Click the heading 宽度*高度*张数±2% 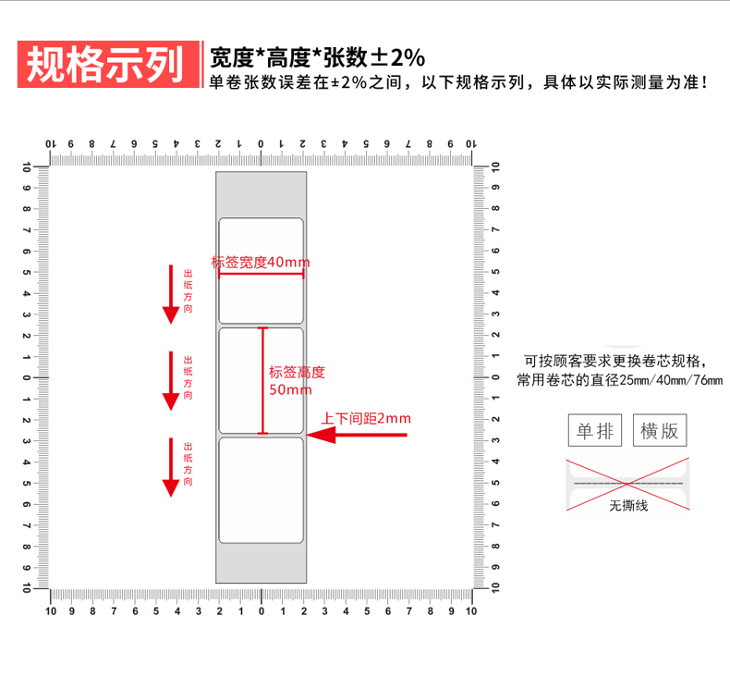(x=317, y=57)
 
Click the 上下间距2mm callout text (x=366, y=418)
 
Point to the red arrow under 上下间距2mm (x=356, y=434)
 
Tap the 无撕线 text (x=628, y=506)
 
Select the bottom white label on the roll (x=261, y=490)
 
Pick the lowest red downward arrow (x=170, y=467)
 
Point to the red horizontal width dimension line (x=261, y=274)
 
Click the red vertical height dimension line (x=262, y=380)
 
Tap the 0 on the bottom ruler (x=261, y=611)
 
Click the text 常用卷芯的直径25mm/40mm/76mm (x=620, y=380)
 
